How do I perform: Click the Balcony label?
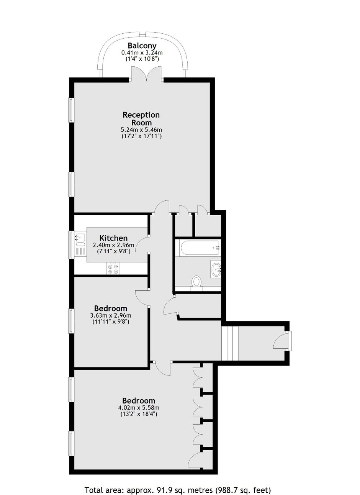click(x=142, y=46)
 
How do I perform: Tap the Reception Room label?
click(x=141, y=119)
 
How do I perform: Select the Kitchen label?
click(x=113, y=238)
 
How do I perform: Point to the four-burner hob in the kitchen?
click(x=113, y=268)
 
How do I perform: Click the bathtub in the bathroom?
click(x=198, y=248)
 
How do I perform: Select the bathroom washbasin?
click(x=216, y=269)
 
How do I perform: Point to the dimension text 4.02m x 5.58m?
click(x=139, y=407)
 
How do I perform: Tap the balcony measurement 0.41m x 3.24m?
click(x=142, y=52)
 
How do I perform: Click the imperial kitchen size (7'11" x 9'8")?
click(x=113, y=251)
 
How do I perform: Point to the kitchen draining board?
click(x=80, y=251)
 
